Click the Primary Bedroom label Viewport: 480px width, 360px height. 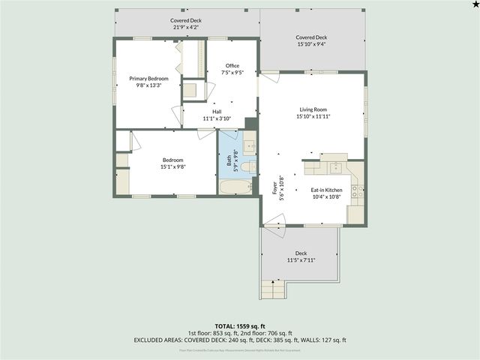coord(148,79)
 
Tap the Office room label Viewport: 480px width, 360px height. coord(232,66)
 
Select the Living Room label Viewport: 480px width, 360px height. coord(313,110)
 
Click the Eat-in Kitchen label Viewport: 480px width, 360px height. coord(326,190)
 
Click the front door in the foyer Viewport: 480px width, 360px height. coord(273,220)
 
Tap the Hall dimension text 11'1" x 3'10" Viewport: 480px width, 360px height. coord(217,118)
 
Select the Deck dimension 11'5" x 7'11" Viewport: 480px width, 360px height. coord(301,260)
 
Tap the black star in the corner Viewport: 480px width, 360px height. coord(474,5)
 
